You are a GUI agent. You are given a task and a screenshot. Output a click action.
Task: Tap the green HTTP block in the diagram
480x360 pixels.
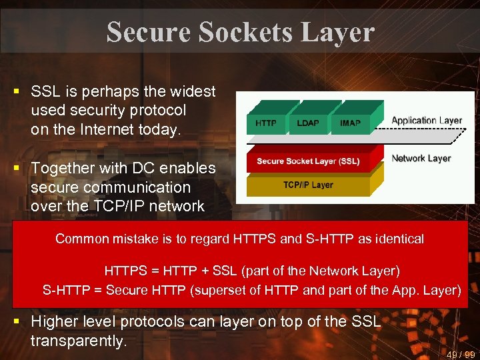point(266,123)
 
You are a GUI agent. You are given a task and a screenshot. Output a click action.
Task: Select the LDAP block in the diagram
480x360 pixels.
point(307,123)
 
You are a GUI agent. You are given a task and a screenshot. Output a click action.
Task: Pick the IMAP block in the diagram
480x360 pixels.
point(350,123)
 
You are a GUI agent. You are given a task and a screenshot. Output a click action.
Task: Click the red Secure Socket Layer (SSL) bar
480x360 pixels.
point(307,161)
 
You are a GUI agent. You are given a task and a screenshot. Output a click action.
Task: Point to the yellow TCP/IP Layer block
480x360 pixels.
point(307,185)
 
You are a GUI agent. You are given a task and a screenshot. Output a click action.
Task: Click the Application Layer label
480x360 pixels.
point(427,121)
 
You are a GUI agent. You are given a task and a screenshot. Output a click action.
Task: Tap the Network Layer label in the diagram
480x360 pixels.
point(421,159)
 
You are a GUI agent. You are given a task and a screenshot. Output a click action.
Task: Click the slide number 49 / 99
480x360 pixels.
point(461,354)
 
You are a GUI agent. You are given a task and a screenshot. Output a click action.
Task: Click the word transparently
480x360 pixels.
point(79,341)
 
